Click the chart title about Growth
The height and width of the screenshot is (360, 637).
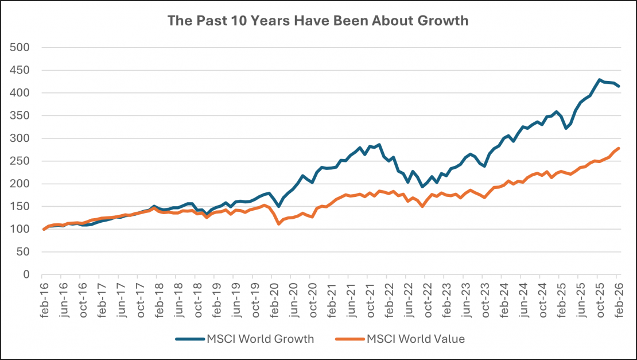pyautogui.click(x=318, y=21)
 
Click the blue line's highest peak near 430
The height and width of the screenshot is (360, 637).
pyautogui.click(x=600, y=80)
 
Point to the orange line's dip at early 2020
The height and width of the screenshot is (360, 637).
pyautogui.click(x=279, y=223)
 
